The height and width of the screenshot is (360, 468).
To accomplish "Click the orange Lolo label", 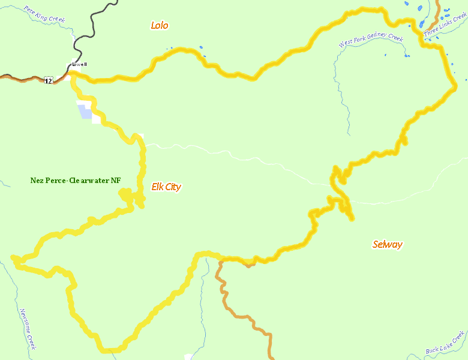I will point(160,25).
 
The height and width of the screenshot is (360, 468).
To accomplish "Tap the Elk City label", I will point(166,187).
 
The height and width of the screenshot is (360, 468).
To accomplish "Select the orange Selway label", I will point(387,244).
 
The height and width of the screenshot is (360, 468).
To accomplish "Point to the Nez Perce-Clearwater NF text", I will point(76,180).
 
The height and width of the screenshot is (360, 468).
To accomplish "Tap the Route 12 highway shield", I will point(48,80).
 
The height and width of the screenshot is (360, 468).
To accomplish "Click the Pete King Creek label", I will point(44,14).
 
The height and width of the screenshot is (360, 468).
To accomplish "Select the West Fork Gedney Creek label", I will point(370,40).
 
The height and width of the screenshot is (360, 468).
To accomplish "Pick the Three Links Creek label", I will point(445,28).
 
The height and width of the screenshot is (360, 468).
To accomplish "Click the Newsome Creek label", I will point(28,329).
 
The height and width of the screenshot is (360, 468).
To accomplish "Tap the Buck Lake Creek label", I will point(445,342).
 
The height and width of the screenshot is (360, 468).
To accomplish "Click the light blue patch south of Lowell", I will point(85,112).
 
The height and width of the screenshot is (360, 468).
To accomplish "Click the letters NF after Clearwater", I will point(116,180).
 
